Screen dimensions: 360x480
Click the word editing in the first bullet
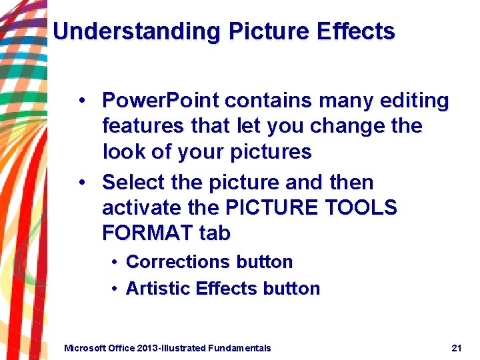coord(415,101)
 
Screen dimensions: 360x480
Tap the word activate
coord(142,208)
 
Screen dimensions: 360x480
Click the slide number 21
coord(457,348)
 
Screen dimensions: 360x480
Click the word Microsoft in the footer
coord(83,348)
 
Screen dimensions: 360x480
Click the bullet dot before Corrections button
coord(115,262)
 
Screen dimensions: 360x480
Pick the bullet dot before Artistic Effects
coord(115,289)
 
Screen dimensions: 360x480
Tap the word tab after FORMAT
coord(215,233)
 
